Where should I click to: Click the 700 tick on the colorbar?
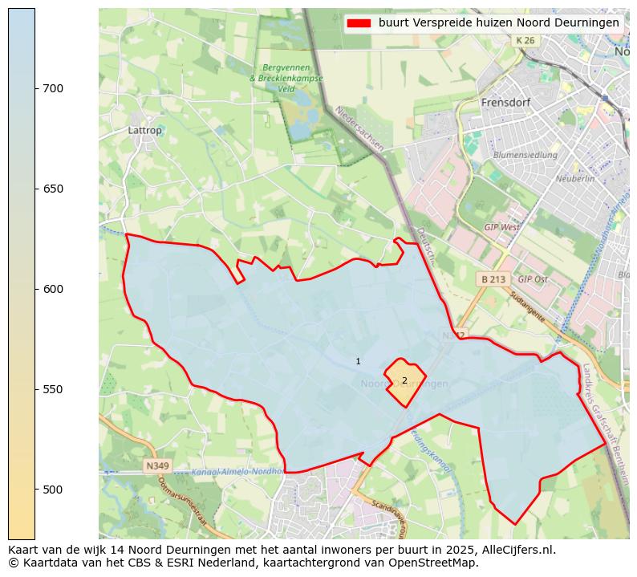(x=35, y=88)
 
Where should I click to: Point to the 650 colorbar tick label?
(x=53, y=189)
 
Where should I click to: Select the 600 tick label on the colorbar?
(x=53, y=289)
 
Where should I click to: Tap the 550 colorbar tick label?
(x=53, y=389)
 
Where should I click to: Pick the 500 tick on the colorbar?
(x=35, y=490)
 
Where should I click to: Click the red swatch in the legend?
(x=359, y=23)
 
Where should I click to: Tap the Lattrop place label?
(x=144, y=130)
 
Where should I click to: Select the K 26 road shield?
(x=525, y=40)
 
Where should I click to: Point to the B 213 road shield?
(x=493, y=279)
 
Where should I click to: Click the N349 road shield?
(x=157, y=465)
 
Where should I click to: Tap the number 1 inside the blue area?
(x=358, y=362)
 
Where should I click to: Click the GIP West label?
(x=501, y=227)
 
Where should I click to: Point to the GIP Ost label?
(x=533, y=279)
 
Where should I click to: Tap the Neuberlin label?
(x=574, y=179)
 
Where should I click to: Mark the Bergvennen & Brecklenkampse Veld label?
(x=286, y=79)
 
